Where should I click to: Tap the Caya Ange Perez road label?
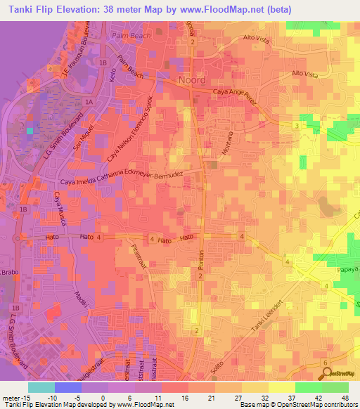click(236, 93)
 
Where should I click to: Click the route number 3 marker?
click(297, 125)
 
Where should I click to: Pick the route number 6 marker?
click(325, 363)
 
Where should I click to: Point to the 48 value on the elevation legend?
click(344, 398)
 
